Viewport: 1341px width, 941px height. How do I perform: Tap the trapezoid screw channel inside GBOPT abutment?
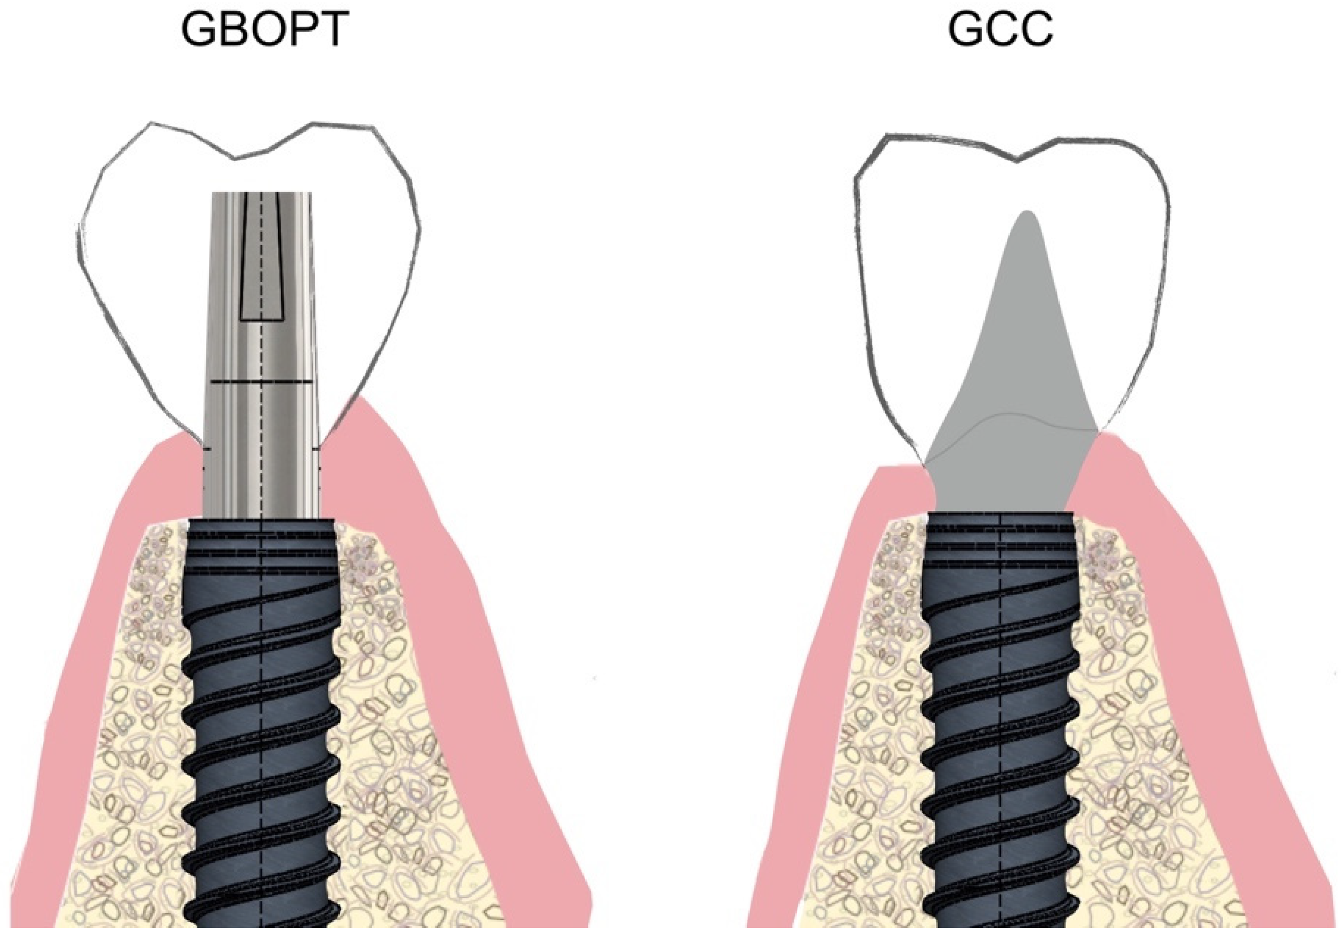click(x=261, y=263)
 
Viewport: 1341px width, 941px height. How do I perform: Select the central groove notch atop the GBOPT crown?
click(x=235, y=156)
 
